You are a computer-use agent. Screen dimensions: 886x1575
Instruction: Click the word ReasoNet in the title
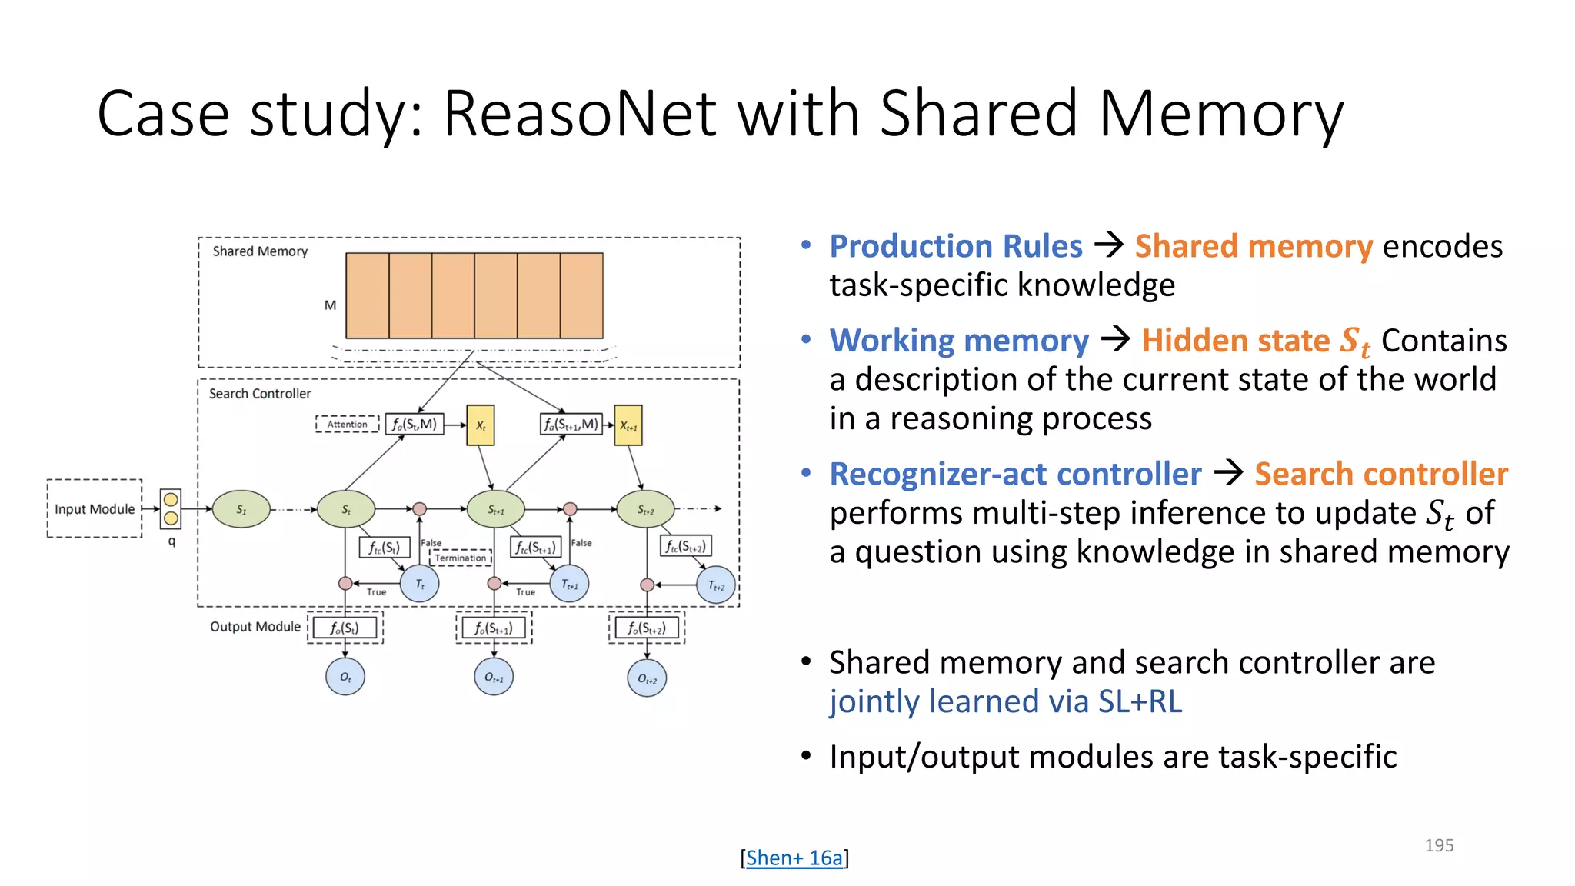[580, 114]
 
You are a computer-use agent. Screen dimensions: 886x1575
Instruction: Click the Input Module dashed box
[94, 508]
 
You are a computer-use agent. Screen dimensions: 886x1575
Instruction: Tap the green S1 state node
[241, 509]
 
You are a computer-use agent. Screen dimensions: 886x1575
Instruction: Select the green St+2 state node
[645, 509]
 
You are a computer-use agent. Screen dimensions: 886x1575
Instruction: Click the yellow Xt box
[481, 425]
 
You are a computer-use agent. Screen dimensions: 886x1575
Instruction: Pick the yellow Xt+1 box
[628, 425]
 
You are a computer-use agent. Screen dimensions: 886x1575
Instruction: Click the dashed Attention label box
[347, 424]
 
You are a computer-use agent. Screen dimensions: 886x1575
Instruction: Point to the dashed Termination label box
[460, 558]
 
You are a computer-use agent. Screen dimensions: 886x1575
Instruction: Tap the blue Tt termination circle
[420, 584]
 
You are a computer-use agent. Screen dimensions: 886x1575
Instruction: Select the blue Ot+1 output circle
[494, 678]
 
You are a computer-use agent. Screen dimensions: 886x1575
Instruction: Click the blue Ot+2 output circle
[647, 678]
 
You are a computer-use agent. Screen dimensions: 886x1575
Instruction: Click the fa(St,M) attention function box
[415, 424]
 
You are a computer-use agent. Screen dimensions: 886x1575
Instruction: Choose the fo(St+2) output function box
[647, 628]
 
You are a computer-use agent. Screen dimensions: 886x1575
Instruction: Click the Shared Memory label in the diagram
[260, 251]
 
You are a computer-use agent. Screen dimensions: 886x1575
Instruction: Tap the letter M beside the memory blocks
[330, 305]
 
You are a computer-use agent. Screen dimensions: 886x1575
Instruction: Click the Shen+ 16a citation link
[794, 858]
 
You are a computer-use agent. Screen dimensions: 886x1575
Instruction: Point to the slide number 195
[1438, 845]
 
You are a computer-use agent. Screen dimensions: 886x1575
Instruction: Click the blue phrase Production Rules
[955, 246]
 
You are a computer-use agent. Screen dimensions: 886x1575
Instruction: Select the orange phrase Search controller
[1380, 474]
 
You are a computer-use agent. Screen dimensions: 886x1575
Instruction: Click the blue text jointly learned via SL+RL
[1005, 701]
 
